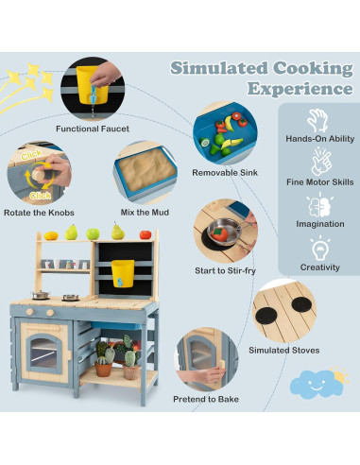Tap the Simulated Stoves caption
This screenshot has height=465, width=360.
[285, 350]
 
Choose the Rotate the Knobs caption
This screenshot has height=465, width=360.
[39, 213]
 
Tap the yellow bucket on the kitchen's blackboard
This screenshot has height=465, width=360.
[121, 272]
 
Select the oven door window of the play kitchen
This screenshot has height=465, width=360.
[43, 352]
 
